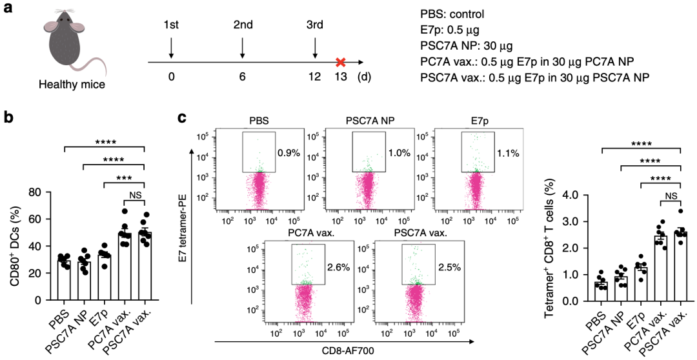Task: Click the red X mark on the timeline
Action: tap(340, 63)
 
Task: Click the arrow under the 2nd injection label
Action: tap(242, 48)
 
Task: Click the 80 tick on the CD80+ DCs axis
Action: tap(42, 192)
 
